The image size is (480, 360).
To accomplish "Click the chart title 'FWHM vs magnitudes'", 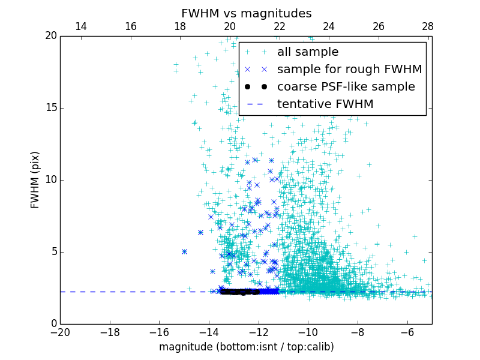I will pos(246,13).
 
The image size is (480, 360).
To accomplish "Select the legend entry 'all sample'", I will pos(307,52).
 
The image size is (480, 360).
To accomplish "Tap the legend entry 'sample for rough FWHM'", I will pos(349,70).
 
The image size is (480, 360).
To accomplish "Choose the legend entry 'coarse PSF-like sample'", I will pos(346,87).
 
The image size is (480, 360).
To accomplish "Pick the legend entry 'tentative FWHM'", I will pos(325,104).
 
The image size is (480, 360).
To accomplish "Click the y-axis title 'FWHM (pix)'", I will pos(35,179).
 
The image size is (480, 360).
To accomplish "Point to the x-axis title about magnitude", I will pos(246,347).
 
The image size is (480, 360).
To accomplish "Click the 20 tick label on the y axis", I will pos(50,36).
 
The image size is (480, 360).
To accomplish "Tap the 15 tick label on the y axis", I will pos(50,108).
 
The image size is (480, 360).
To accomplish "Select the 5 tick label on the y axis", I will pos(52,252).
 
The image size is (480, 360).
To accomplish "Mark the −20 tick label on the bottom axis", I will pos(60,332).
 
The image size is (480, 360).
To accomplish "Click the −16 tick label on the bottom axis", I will pos(159,332).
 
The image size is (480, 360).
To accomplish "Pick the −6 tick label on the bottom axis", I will pos(407,332).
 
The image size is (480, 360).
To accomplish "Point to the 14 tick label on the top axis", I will pos(81,26).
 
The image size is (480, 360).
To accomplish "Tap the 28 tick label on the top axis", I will pos(428,26).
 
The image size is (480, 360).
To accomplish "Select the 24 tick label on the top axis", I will pos(329,26).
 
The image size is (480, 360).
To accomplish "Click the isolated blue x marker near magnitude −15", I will pos(184,251).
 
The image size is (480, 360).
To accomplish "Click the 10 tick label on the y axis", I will pos(50,180).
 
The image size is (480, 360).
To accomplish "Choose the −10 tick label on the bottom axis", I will pos(308,332).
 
